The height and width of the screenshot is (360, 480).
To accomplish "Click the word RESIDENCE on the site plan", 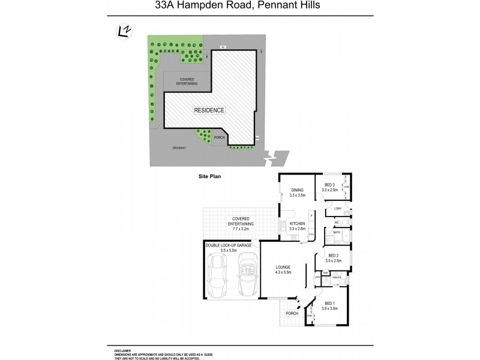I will click(209, 110).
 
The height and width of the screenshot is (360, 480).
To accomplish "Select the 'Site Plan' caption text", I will click(210, 177).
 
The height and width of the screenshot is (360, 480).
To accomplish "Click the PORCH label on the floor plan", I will click(292, 314).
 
